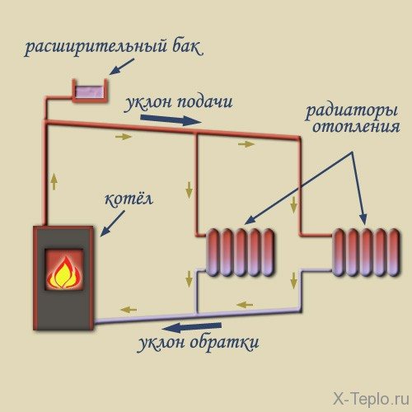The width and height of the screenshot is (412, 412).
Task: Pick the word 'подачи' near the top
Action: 206,103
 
